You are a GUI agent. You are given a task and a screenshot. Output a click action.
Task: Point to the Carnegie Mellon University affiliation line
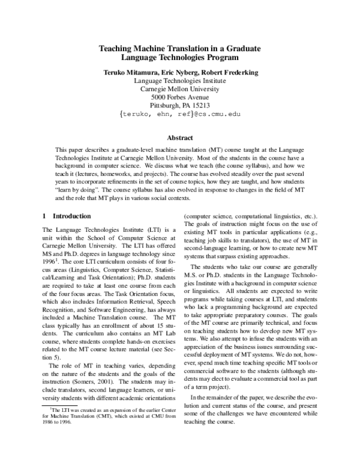point(180,88)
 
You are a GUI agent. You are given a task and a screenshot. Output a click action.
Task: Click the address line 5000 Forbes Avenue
point(180,97)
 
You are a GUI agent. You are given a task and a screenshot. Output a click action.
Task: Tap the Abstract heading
point(180,138)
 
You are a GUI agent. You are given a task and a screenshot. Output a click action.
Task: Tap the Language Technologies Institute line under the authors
point(180,80)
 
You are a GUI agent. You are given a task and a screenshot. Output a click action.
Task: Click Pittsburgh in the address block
point(169,105)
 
